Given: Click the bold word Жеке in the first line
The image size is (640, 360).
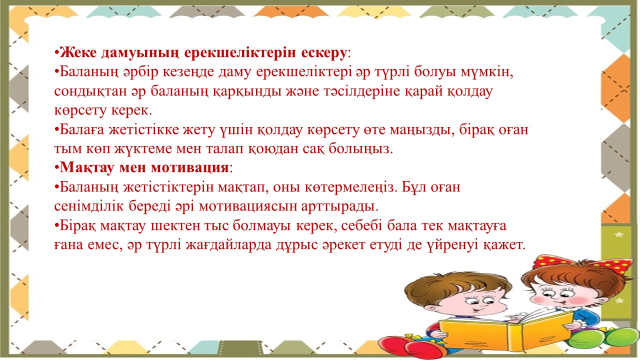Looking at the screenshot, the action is point(78,52).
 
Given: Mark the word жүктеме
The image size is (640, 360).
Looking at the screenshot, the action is point(143,149).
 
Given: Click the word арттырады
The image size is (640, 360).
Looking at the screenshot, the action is point(339,207).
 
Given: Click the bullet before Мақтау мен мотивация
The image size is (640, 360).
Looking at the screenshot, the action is point(56,167).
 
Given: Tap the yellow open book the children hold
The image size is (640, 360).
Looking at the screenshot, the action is point(505,331).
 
